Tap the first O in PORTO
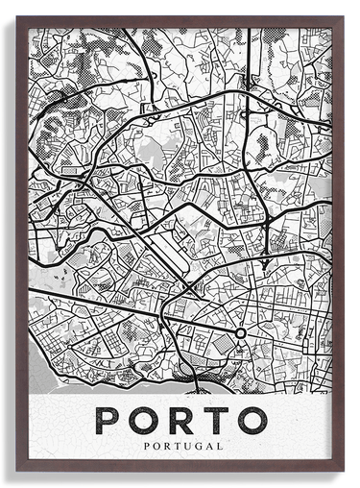146,419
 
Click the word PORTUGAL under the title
180,446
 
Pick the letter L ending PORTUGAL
220,446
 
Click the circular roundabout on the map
240,333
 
